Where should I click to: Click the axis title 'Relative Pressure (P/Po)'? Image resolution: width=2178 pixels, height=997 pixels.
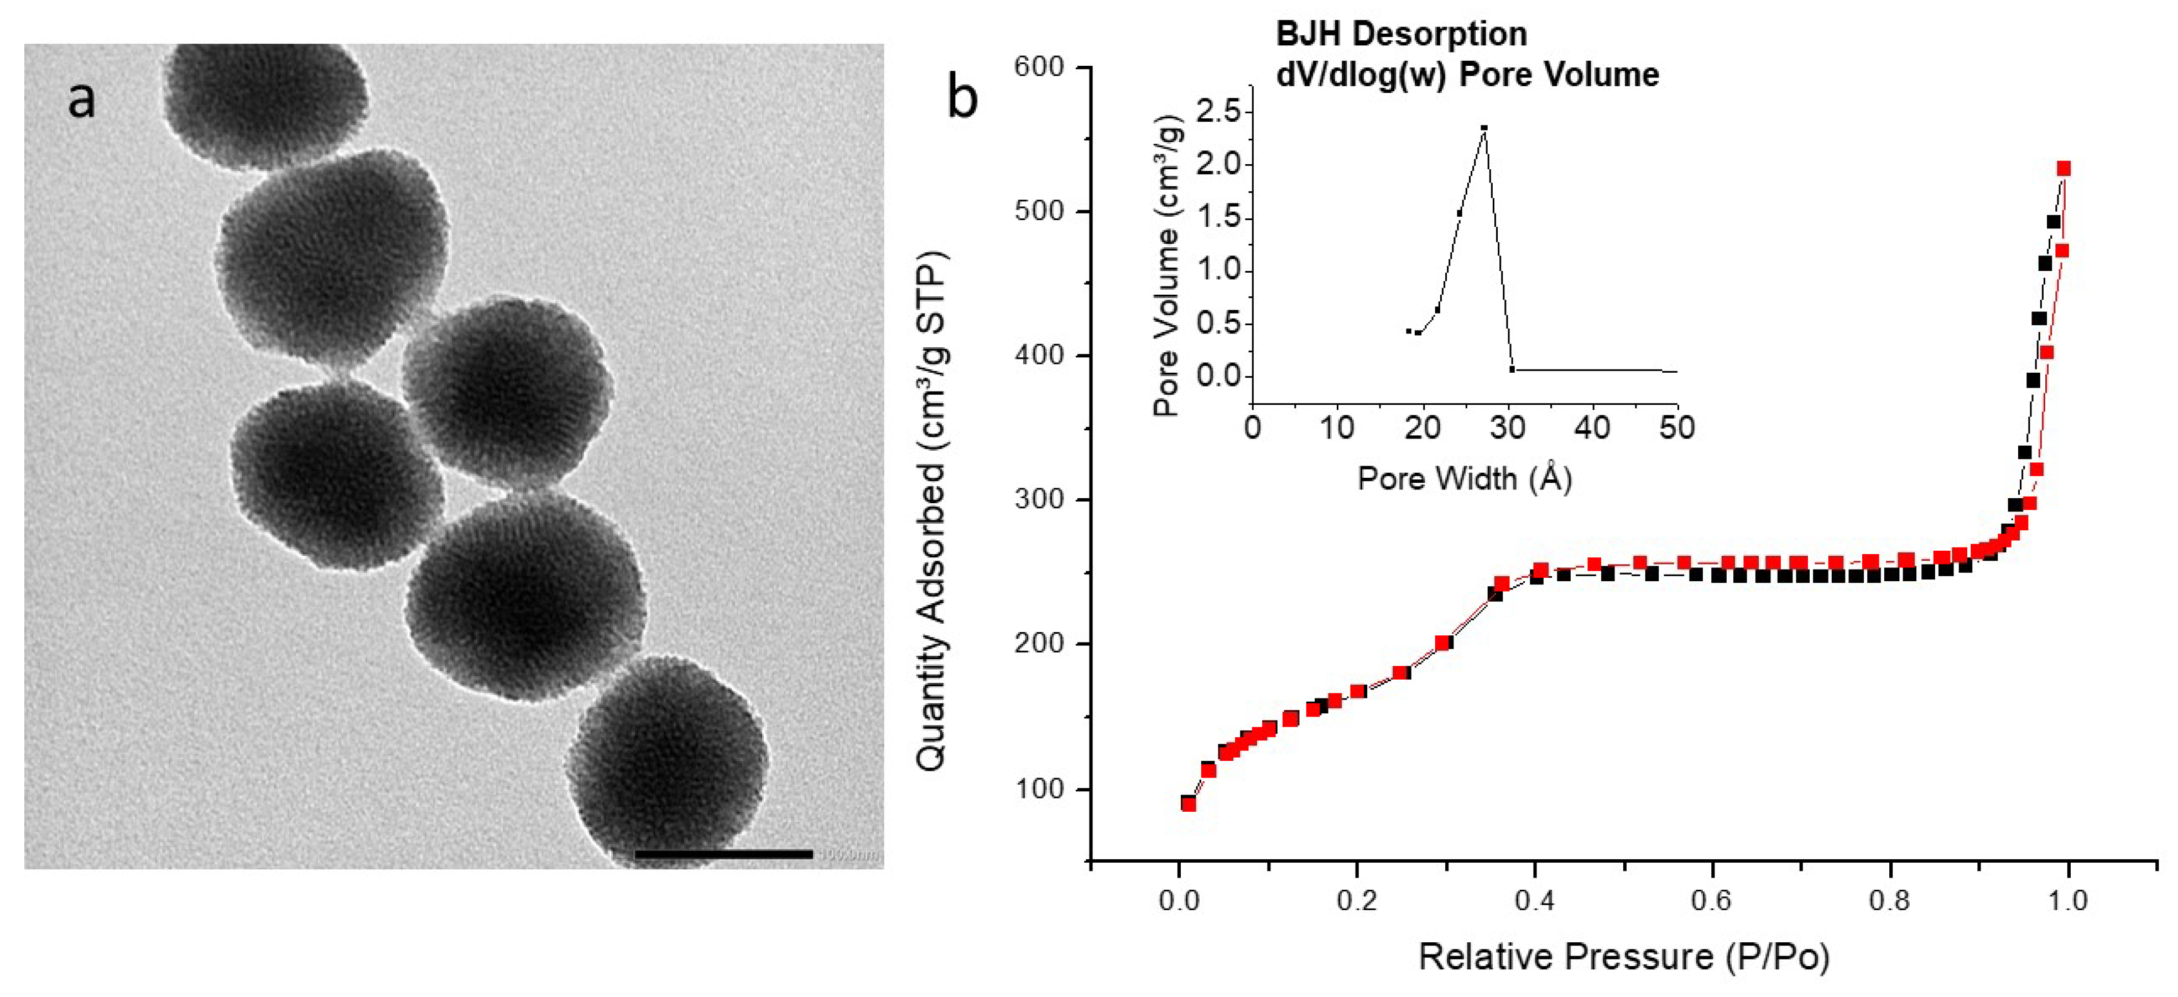(x=1623, y=957)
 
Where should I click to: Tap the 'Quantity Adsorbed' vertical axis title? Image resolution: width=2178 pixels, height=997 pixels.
(x=932, y=511)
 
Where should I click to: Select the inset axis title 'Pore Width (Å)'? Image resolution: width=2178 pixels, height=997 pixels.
(x=1465, y=479)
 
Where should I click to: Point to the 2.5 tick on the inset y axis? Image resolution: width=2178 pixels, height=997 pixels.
(x=1218, y=111)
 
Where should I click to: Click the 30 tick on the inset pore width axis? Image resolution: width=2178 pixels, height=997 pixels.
(x=1508, y=428)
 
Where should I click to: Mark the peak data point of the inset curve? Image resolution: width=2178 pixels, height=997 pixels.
(x=1484, y=128)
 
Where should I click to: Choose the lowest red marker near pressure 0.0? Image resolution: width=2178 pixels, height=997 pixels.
(x=1189, y=803)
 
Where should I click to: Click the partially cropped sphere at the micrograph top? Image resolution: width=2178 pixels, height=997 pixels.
(x=264, y=97)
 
